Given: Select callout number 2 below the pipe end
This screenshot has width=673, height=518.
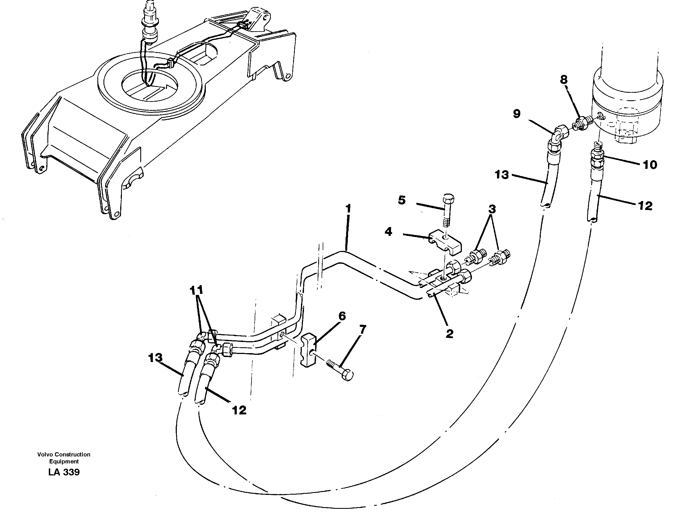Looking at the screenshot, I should pyautogui.click(x=449, y=334).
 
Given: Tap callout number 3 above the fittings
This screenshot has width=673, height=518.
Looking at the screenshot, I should pyautogui.click(x=492, y=209).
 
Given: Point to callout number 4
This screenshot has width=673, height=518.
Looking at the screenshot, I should pyautogui.click(x=388, y=231).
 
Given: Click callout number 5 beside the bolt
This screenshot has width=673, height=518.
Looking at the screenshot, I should pyautogui.click(x=402, y=200).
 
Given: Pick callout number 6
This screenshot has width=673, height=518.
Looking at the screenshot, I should pyautogui.click(x=342, y=316).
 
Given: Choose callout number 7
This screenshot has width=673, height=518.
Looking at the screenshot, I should pyautogui.click(x=362, y=330).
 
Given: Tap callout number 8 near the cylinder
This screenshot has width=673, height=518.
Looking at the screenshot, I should pyautogui.click(x=563, y=80).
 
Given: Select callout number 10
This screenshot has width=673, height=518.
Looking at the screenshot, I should pyautogui.click(x=650, y=165).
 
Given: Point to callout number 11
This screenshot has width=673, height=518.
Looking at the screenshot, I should pyautogui.click(x=197, y=290).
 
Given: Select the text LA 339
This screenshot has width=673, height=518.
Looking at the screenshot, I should pyautogui.click(x=64, y=472).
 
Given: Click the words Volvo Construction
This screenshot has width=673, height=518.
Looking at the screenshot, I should pyautogui.click(x=64, y=454).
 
